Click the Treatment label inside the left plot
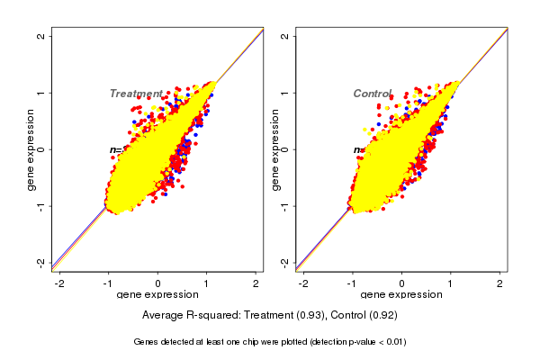point(136,94)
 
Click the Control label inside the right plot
point(373,94)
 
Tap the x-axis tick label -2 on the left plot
point(58,283)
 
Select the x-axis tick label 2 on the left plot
point(256,283)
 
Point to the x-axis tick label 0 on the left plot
point(158,283)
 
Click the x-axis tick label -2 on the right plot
point(302,283)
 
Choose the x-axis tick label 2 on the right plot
point(500,283)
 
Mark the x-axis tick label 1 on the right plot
point(451,283)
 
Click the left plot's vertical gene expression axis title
point(31,149)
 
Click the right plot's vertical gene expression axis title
point(275,149)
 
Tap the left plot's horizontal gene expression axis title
point(157,295)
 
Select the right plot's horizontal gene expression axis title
point(401,295)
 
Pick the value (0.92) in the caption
point(382,316)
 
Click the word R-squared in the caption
point(217,316)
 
